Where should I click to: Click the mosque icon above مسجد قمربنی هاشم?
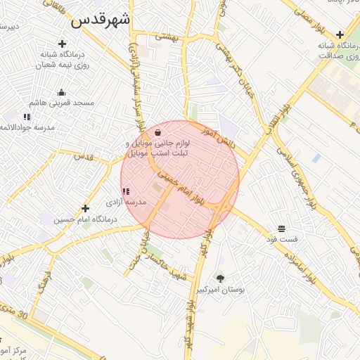pos(61,92)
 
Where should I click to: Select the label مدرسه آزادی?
pos(126,202)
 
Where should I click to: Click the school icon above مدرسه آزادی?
pos(126,191)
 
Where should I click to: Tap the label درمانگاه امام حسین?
pos(86,219)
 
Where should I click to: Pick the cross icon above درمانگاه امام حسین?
pos(86,208)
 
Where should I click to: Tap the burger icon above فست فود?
pos(281,229)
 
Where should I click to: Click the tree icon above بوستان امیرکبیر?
pos(220,278)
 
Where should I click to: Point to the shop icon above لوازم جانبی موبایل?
pos(158,131)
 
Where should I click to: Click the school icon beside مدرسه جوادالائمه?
pos(27,117)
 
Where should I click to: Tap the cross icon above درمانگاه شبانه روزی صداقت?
pos(340,34)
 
